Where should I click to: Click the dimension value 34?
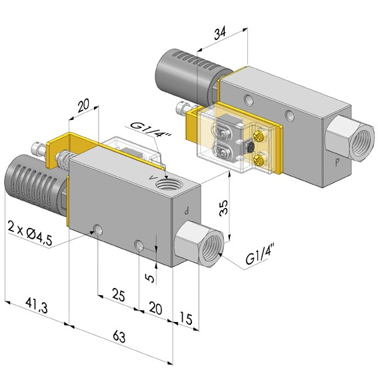pos(221,32)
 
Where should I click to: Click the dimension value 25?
pos(118,293)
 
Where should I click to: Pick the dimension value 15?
pos(185,321)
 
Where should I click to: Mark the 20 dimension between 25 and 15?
pos(155,307)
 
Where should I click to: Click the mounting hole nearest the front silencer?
pos(99,230)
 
